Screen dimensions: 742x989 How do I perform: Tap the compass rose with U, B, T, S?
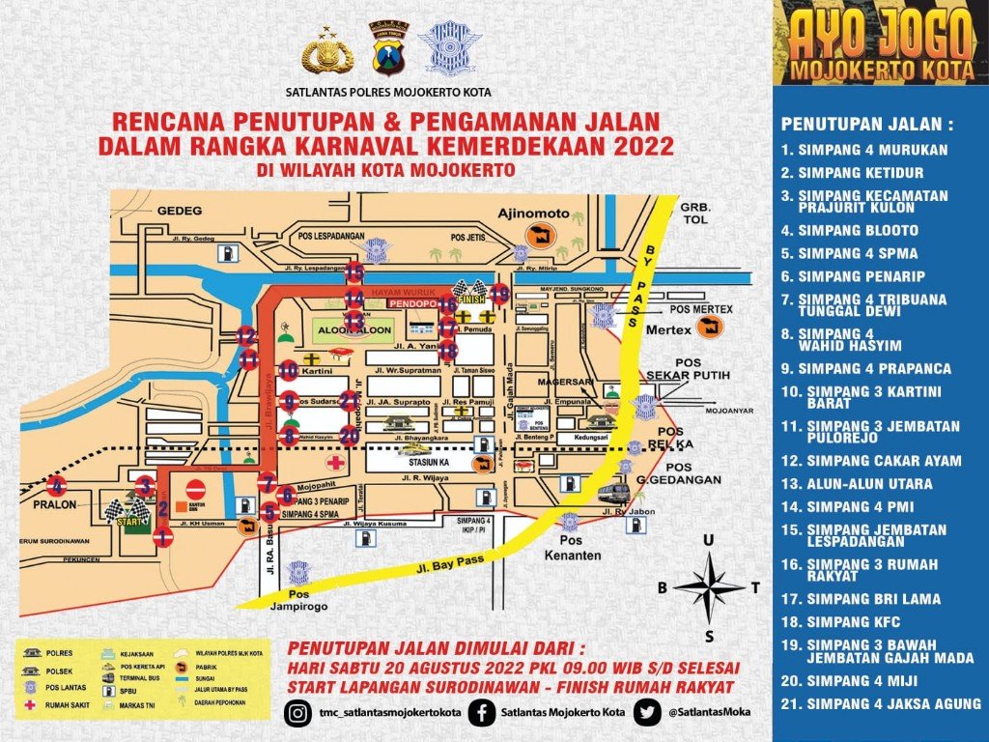[709, 585]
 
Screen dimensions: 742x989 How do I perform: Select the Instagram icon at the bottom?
[299, 713]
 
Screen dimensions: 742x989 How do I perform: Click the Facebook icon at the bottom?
[480, 713]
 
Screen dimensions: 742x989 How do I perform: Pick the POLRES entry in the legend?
[58, 654]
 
